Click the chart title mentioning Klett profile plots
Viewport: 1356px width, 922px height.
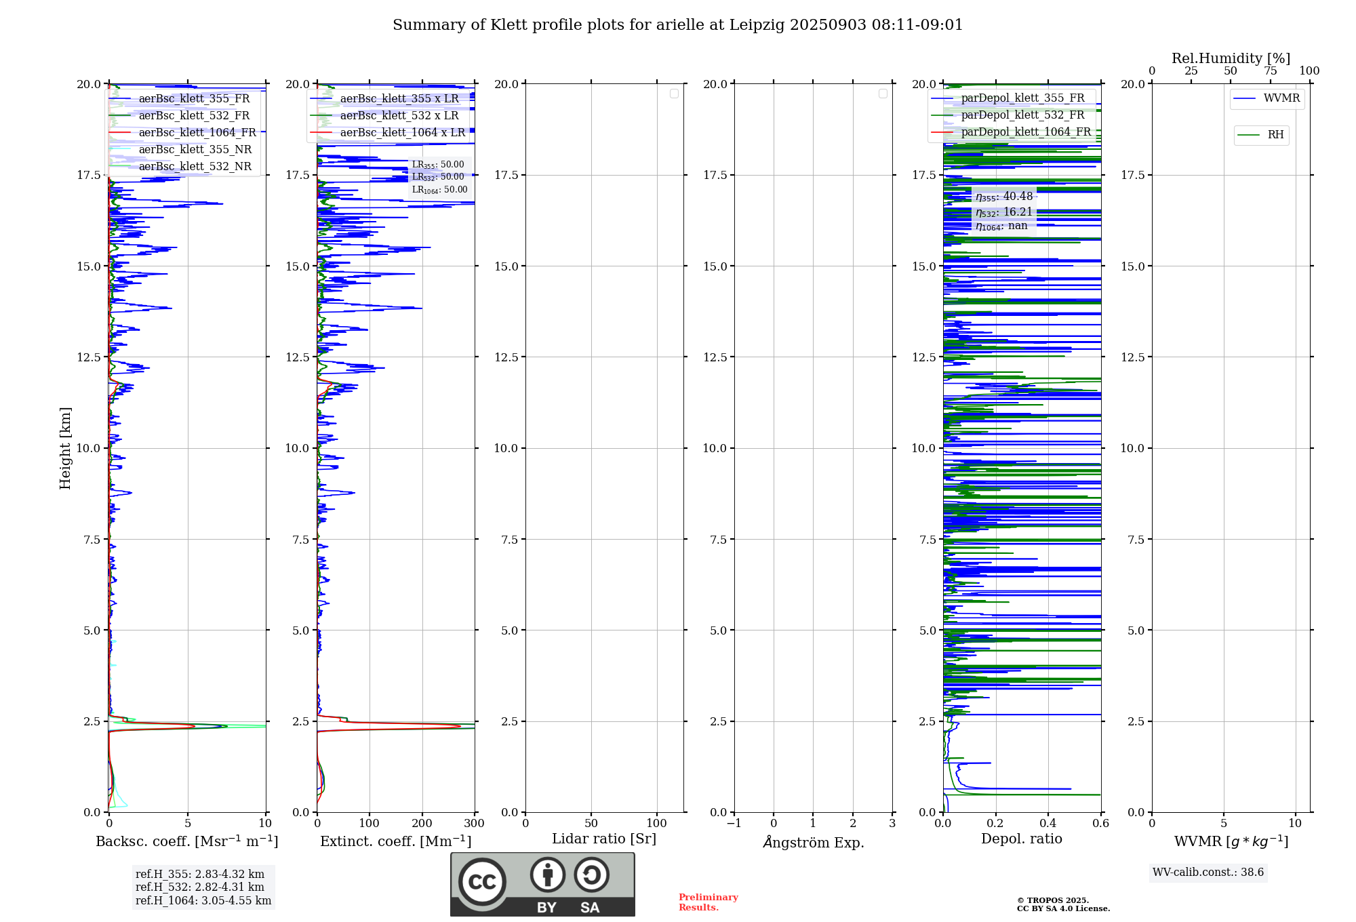point(677,25)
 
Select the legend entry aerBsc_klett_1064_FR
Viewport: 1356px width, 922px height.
point(197,133)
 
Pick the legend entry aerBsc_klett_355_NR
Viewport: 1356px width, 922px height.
point(195,150)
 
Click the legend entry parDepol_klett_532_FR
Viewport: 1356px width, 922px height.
point(1022,115)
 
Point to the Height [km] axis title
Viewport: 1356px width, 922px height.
point(65,448)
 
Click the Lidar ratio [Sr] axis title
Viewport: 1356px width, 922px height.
point(604,839)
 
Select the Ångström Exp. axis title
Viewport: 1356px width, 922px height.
point(813,843)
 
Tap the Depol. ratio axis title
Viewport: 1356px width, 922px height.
point(1021,839)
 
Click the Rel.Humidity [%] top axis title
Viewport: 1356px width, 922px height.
point(1231,58)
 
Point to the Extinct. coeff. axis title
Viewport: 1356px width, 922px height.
point(395,842)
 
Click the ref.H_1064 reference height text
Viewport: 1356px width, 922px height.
point(203,901)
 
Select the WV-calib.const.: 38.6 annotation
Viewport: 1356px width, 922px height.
point(1208,873)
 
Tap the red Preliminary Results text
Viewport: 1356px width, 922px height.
point(708,902)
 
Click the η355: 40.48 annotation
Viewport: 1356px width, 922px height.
point(1004,197)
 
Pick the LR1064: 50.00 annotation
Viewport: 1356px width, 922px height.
point(439,190)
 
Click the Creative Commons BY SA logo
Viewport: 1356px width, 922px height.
point(542,885)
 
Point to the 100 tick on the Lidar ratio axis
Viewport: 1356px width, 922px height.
point(656,823)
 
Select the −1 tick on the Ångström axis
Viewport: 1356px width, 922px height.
point(734,823)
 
